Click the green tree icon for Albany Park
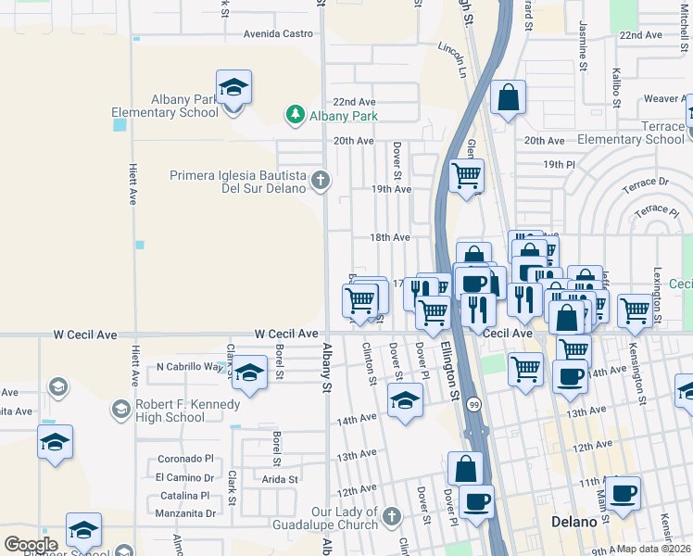[295, 115]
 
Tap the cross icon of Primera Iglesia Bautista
[321, 180]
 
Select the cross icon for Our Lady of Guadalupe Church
[391, 514]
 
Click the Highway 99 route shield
[473, 405]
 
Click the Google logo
[31, 544]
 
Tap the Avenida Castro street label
[279, 33]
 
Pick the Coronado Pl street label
[185, 458]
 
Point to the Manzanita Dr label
[185, 512]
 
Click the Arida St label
[280, 479]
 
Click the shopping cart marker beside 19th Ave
[466, 174]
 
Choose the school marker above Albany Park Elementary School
[233, 88]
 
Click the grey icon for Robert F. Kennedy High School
[120, 409]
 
